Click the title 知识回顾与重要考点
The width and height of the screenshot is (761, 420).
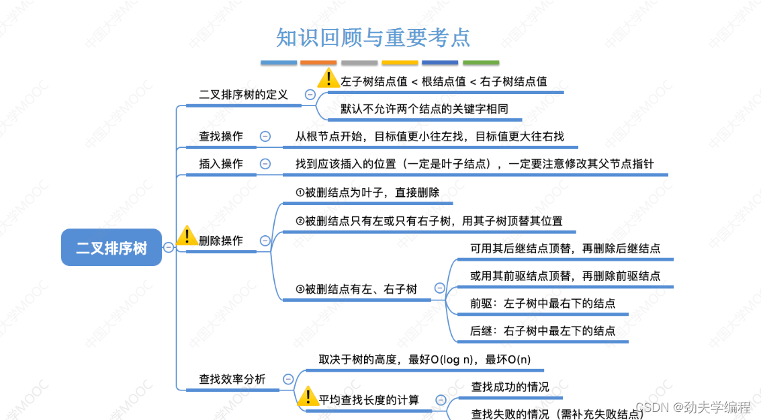tap(373, 38)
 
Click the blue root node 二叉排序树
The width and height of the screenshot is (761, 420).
tap(111, 248)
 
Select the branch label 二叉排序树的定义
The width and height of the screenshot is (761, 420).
tap(243, 95)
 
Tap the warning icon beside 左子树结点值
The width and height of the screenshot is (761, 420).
tap(328, 78)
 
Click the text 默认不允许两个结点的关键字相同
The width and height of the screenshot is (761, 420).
tap(424, 109)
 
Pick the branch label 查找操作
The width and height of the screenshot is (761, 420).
tap(221, 136)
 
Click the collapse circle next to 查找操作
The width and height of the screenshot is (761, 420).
tap(265, 136)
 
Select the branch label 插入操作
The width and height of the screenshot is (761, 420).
tap(221, 163)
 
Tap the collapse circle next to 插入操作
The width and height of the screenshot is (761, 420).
tap(265, 163)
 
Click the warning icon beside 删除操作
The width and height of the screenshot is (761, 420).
tap(186, 237)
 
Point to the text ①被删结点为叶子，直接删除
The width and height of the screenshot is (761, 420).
tap(367, 192)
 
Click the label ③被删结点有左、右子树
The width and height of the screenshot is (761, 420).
tap(356, 289)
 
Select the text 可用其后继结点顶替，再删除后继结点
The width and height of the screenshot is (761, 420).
tap(566, 249)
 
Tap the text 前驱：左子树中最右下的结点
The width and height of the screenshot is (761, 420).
tap(543, 304)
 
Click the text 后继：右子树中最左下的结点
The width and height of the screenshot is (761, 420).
tap(543, 331)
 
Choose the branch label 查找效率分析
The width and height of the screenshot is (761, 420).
tap(232, 379)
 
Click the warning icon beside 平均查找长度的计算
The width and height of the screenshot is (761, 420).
tap(308, 396)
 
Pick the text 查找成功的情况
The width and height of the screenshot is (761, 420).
tap(510, 387)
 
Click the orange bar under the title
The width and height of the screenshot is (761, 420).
tap(318, 62)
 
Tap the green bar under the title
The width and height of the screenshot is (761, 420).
tap(481, 62)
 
